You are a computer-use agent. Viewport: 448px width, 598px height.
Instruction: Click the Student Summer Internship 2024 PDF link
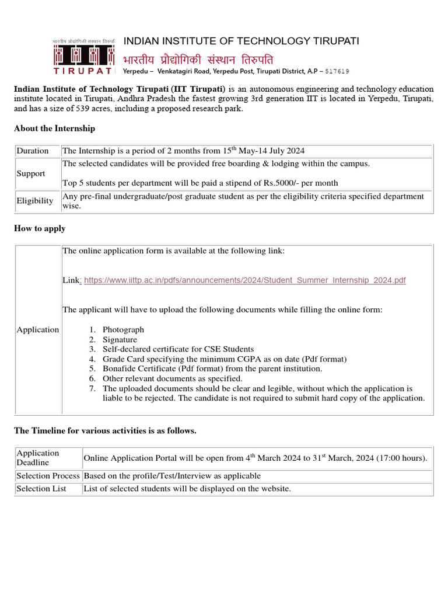pos(244,280)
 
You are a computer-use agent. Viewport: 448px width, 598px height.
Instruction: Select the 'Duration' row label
pos(33,151)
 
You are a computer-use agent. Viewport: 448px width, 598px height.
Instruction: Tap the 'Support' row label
pos(31,173)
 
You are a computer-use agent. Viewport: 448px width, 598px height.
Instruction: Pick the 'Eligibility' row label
pos(35,201)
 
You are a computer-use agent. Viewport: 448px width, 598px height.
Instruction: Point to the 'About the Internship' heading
pos(54,128)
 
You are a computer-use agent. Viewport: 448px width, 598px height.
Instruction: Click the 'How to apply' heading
pos(40,228)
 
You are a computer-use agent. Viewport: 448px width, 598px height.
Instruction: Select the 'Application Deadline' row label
pos(38,457)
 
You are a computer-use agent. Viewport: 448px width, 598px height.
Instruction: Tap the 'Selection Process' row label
pos(48,476)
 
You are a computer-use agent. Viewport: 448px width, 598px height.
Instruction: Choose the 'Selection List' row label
pos(41,488)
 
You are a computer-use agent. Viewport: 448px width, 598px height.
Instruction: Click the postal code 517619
pos(337,71)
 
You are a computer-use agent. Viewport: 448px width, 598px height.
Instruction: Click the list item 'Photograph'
pos(123,329)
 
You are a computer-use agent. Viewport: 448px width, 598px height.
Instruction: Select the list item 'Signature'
pos(120,339)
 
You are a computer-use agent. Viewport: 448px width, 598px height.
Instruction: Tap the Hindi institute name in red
pos(198,60)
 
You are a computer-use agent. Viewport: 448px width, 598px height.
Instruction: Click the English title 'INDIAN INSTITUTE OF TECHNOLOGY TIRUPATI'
pos(241,41)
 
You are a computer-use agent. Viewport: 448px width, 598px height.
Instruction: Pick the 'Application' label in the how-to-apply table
pos(38,329)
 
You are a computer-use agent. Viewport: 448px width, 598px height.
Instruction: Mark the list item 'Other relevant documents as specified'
pos(172,378)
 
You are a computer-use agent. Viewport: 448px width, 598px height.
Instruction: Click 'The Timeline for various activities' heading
pos(105,430)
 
